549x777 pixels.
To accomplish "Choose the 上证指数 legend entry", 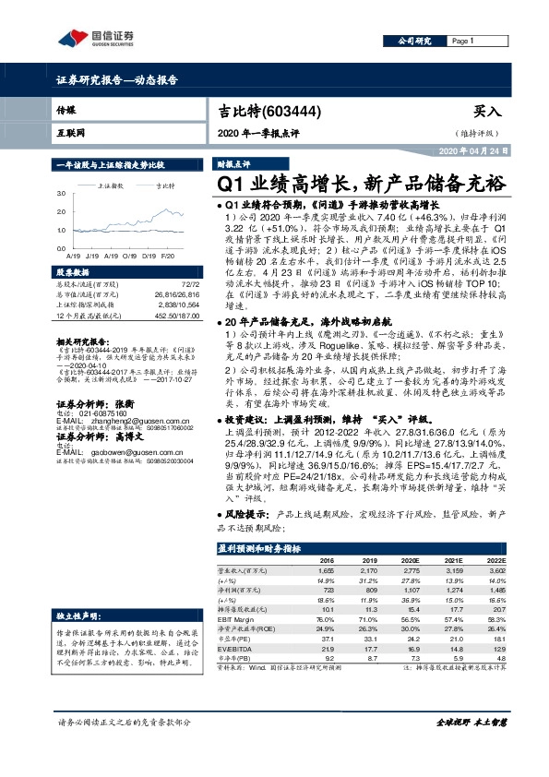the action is pos(113,185).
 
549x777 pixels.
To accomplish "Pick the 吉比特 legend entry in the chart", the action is pos(164,185).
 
